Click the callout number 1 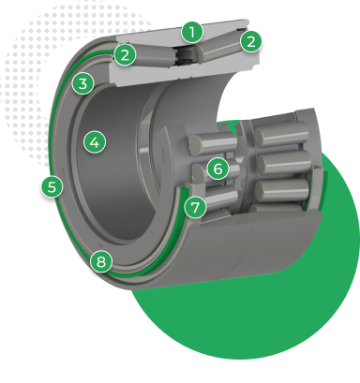point(192,32)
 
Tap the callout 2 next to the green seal point(125,55)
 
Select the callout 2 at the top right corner point(251,41)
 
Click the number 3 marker point(82,83)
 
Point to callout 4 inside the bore point(95,142)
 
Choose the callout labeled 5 point(52,186)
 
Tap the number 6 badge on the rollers point(217,169)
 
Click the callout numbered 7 point(195,207)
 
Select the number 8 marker point(101,261)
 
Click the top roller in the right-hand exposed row point(281,134)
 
